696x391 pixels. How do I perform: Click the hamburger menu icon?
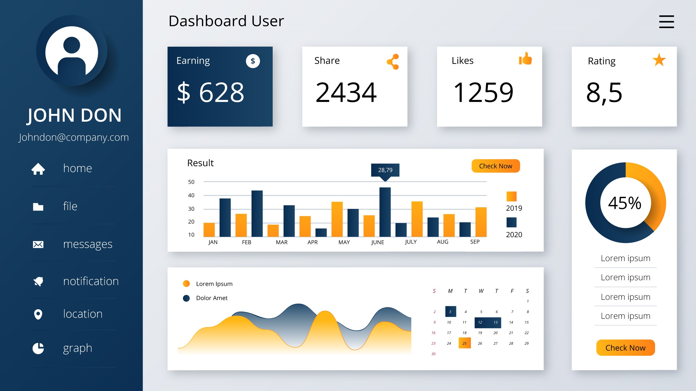click(x=666, y=22)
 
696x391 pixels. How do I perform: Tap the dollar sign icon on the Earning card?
click(x=253, y=61)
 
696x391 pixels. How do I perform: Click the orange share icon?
click(x=393, y=62)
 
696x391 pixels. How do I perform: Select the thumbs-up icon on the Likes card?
click(x=525, y=58)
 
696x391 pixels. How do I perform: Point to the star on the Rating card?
click(x=659, y=60)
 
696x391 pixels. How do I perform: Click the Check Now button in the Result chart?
click(x=495, y=166)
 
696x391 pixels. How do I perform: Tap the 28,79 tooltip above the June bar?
click(x=385, y=170)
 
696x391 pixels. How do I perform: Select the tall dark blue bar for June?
click(x=385, y=211)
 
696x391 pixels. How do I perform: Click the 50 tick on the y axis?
click(x=191, y=182)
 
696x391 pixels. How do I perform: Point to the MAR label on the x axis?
click(x=281, y=242)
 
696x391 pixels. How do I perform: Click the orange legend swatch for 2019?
click(x=511, y=196)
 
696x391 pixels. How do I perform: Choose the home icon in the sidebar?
click(x=38, y=169)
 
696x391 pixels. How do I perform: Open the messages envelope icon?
click(x=38, y=244)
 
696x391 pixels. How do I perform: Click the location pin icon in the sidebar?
click(x=38, y=314)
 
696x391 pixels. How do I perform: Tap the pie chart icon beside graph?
click(x=38, y=348)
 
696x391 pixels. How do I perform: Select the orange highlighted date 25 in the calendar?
click(x=464, y=343)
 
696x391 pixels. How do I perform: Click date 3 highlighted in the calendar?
click(x=450, y=311)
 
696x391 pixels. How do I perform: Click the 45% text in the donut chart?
click(x=625, y=203)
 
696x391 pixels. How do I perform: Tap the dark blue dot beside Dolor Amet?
click(x=186, y=298)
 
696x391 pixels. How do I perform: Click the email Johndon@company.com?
click(x=74, y=137)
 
